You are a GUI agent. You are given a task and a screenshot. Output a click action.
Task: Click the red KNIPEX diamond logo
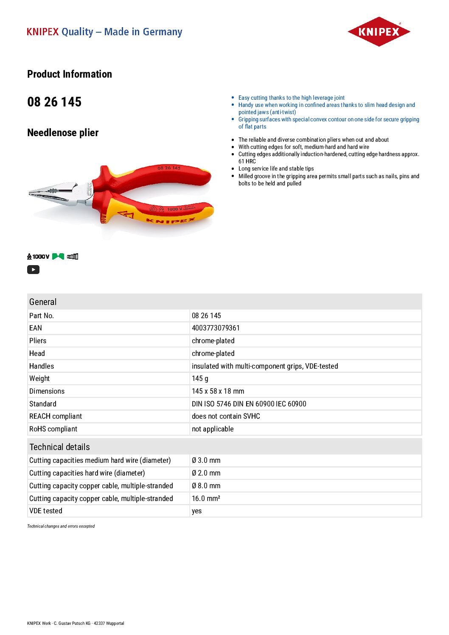tap(379, 32)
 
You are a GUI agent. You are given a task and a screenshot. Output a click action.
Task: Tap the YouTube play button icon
tap(33, 269)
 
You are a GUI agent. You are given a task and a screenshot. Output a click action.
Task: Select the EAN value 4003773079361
tap(216, 328)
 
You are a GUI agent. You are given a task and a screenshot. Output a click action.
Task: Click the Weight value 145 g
tap(200, 378)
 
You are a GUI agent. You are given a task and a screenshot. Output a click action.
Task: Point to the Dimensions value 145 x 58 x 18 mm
tap(218, 391)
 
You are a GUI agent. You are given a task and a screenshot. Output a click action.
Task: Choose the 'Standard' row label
tap(42, 404)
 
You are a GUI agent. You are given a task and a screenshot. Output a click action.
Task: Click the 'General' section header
tap(43, 302)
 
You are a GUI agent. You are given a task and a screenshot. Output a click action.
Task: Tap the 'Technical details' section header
tap(59, 447)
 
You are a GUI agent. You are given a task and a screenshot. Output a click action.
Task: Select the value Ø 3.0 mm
tap(206, 460)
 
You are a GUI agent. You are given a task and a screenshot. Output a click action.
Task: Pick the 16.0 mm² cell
tap(206, 498)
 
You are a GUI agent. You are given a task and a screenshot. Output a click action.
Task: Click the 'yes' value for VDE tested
tap(196, 511)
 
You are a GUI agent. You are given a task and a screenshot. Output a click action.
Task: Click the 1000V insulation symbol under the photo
tap(38, 256)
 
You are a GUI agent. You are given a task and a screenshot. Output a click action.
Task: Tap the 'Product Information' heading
tap(70, 74)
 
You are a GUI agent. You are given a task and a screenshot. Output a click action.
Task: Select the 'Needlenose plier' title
tap(63, 133)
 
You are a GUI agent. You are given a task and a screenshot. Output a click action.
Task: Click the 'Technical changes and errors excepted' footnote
tap(61, 526)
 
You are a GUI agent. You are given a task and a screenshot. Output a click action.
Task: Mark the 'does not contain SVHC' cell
tap(226, 416)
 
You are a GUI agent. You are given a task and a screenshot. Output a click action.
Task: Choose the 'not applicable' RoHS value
tap(213, 429)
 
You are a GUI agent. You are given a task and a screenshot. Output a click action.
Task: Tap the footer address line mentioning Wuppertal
tap(76, 623)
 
